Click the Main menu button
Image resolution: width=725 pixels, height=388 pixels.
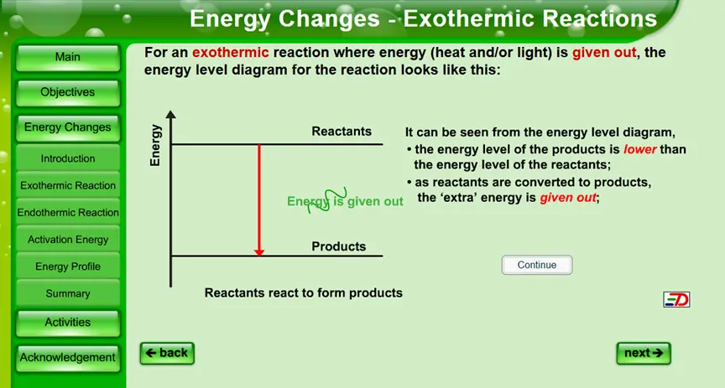tap(68, 57)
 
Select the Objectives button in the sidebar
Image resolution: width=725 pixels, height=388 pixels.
tap(68, 92)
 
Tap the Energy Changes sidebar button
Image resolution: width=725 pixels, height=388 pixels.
tap(68, 127)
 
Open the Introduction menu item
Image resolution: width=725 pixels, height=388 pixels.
tap(68, 158)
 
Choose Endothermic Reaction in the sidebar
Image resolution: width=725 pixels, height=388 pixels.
tap(68, 213)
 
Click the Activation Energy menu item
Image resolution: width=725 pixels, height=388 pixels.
tap(68, 240)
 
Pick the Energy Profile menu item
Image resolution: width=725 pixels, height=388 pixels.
tap(68, 266)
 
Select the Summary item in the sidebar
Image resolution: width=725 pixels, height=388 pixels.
tap(68, 293)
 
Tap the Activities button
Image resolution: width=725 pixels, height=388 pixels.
tap(68, 323)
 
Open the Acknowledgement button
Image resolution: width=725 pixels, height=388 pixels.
tap(68, 358)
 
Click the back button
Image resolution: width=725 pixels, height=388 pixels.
tap(167, 354)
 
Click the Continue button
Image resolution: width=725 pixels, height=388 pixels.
tap(537, 265)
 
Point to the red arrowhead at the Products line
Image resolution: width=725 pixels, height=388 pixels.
tap(259, 251)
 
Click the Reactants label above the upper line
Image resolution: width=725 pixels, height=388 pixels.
tap(342, 132)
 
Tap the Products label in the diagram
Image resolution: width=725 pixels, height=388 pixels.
tap(338, 246)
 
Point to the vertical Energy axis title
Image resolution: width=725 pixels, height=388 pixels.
tap(155, 146)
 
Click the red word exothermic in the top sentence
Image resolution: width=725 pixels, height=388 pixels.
tap(230, 52)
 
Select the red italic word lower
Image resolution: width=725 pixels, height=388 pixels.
tap(640, 149)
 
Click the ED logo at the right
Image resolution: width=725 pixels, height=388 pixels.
tap(676, 299)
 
